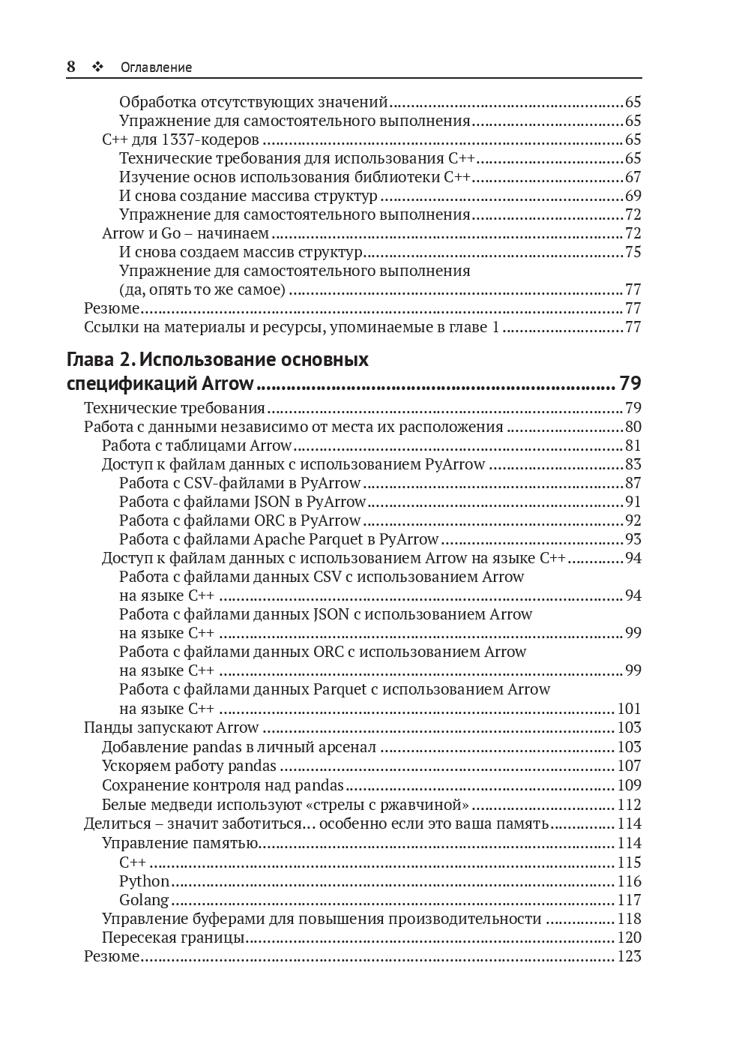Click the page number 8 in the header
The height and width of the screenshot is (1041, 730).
[x=71, y=67]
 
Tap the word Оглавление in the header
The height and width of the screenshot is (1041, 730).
[x=156, y=67]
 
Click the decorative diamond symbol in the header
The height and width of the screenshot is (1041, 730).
[x=97, y=67]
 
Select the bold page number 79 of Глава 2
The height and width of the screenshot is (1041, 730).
[x=630, y=384]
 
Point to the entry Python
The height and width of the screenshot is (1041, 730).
[x=144, y=881]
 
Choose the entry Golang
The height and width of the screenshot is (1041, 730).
[x=144, y=900]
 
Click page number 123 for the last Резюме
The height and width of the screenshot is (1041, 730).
[x=630, y=956]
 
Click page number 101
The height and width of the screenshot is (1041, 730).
[x=630, y=709]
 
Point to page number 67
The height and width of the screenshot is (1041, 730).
[x=633, y=177]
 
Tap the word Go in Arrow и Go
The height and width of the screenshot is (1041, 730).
[x=171, y=233]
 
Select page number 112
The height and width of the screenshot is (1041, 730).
[x=630, y=805]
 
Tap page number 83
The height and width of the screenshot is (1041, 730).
[x=633, y=464]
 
